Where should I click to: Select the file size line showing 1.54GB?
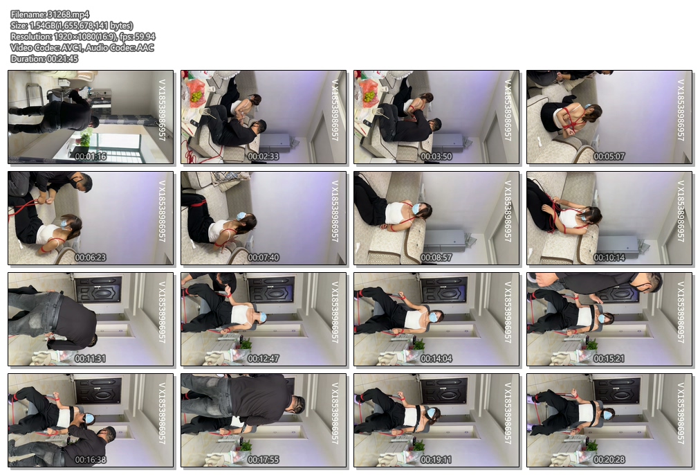coord(72,26)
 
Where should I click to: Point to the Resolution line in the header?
coord(83,37)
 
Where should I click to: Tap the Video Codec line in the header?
coord(82,47)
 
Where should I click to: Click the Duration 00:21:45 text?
coord(45,59)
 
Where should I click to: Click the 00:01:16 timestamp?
coord(91,156)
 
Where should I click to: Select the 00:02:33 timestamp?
coord(264,156)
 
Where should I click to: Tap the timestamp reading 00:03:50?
coord(436,156)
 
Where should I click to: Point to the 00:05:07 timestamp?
coord(609,156)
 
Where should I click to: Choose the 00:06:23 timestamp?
coord(91,258)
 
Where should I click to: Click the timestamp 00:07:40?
coord(264,258)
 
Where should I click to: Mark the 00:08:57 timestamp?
coord(436,258)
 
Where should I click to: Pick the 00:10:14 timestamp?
coord(609,258)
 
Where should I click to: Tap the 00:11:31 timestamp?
coord(91,359)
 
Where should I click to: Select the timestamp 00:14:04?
coord(436,359)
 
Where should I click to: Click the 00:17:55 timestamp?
coord(264,459)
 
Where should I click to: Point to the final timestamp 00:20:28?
coord(609,459)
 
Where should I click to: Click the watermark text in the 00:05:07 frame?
coord(681,110)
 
